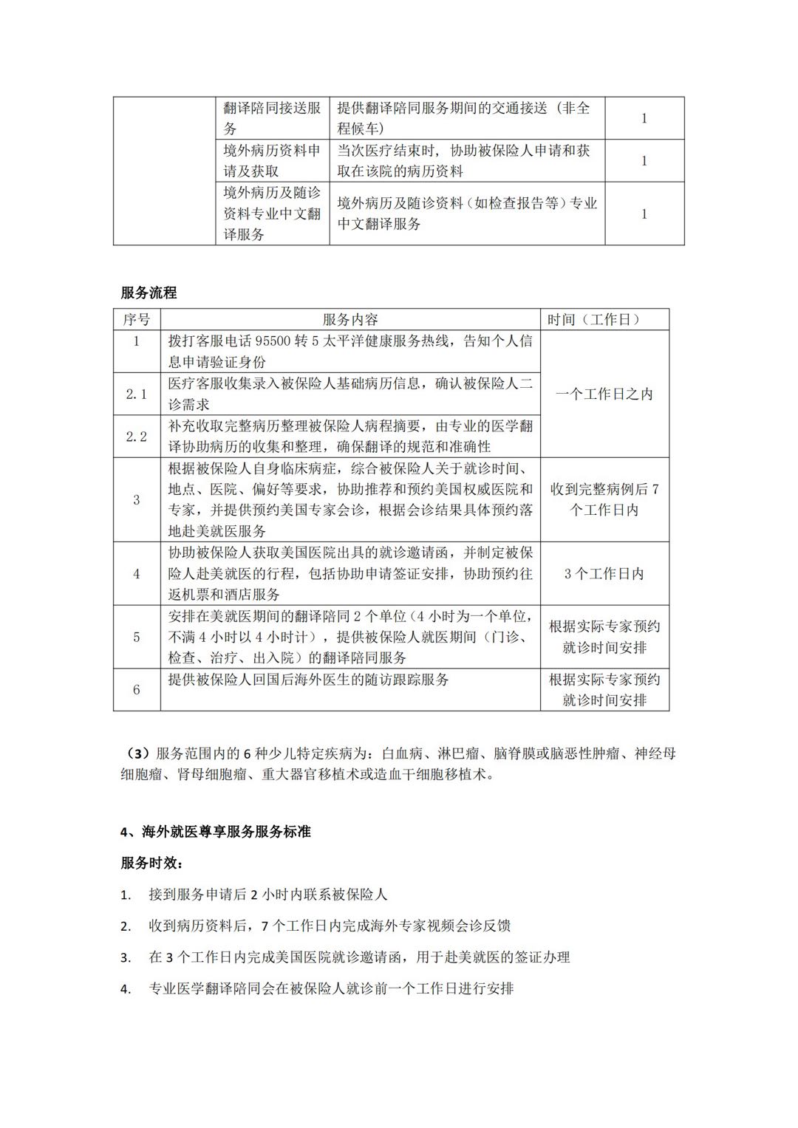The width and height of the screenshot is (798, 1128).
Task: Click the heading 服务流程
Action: point(149,293)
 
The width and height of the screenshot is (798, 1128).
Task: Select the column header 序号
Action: point(136,319)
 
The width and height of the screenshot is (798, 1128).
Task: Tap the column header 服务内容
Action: point(350,319)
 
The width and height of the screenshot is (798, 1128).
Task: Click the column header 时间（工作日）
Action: point(604,319)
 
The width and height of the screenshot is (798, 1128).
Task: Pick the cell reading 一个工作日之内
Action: point(604,394)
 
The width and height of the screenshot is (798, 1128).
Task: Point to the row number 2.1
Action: point(136,394)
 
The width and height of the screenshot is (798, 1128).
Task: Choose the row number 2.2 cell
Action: point(136,436)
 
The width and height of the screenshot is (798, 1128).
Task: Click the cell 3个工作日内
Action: point(604,573)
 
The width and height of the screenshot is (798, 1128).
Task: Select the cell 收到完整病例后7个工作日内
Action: point(604,499)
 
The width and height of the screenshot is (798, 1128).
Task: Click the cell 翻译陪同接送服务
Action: point(272,118)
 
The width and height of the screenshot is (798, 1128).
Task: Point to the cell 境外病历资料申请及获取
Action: point(272,160)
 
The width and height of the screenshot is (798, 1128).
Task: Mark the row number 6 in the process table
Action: point(136,689)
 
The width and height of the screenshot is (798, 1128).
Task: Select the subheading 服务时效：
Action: point(151,863)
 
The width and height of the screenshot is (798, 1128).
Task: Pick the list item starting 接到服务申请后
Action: point(267,895)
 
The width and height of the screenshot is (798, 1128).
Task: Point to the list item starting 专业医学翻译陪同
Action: point(331,988)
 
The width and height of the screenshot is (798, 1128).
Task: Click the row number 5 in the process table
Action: point(136,637)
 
